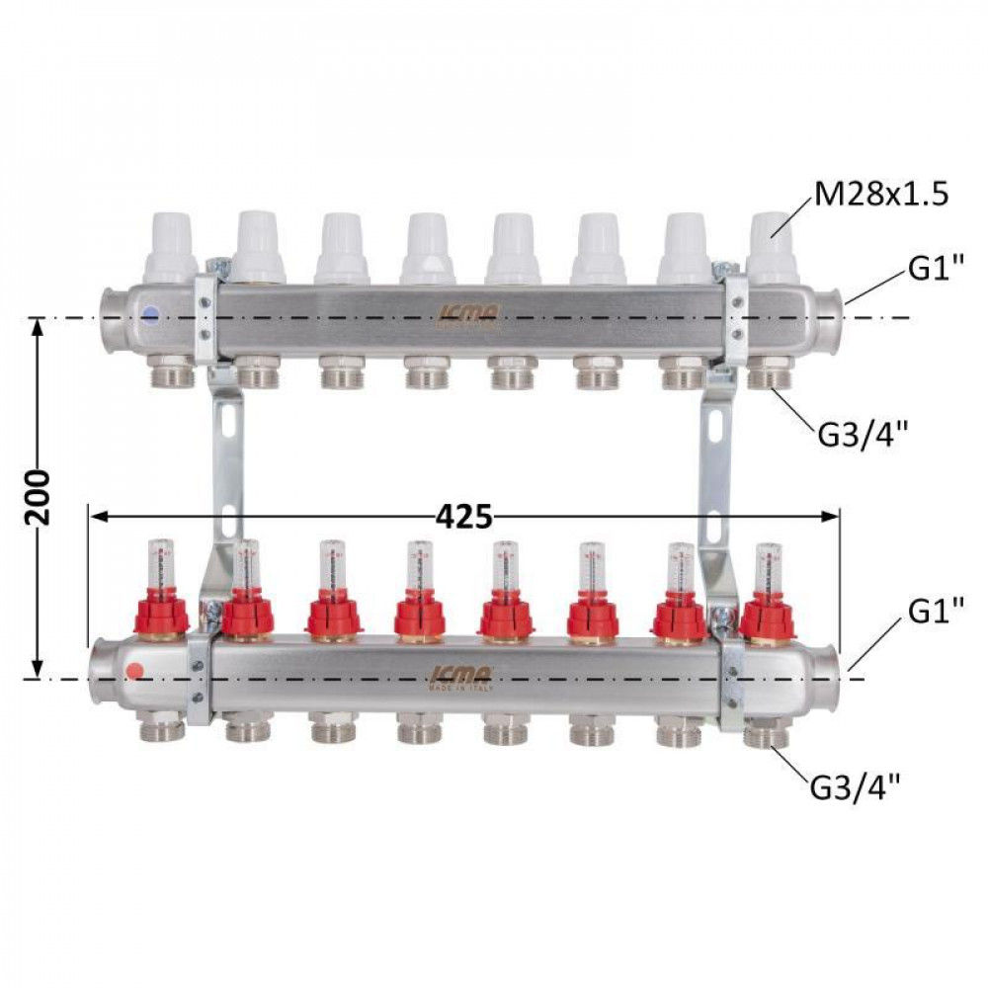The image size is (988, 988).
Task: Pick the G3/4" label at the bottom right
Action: click(855, 787)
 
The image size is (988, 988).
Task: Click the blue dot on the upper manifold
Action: click(148, 315)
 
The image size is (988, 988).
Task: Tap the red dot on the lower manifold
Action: click(136, 671)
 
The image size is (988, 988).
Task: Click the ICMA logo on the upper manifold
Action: click(468, 315)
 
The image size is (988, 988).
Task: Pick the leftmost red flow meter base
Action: click(161, 617)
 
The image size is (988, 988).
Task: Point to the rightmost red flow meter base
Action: click(768, 617)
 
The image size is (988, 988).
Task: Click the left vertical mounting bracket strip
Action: click(226, 464)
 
